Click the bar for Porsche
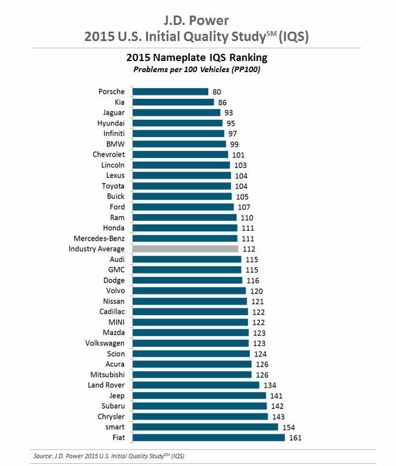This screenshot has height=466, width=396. (x=170, y=92)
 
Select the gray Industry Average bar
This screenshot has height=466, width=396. (x=185, y=249)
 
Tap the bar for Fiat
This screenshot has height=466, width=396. (x=208, y=438)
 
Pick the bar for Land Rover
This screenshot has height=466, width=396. (x=196, y=385)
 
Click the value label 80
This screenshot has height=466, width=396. (x=218, y=92)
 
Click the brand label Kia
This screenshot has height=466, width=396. (x=119, y=102)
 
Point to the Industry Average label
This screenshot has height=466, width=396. (x=96, y=249)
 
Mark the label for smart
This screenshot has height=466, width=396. (x=114, y=427)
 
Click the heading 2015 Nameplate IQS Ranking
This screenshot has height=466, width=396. (x=198, y=57)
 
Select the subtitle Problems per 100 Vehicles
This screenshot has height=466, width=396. (x=197, y=69)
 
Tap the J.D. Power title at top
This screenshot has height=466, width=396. (x=198, y=20)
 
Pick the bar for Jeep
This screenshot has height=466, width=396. (x=199, y=396)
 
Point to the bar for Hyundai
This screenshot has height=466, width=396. (x=177, y=123)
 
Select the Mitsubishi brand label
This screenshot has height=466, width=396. (x=107, y=374)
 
